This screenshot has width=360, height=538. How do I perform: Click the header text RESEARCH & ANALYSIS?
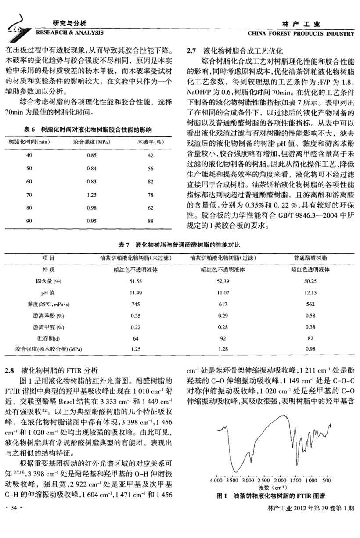(69, 32)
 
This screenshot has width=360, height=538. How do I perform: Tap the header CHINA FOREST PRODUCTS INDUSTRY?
(301, 33)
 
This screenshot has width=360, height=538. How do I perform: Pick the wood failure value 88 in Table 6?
(151, 221)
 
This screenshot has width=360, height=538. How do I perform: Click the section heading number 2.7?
(191, 50)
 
